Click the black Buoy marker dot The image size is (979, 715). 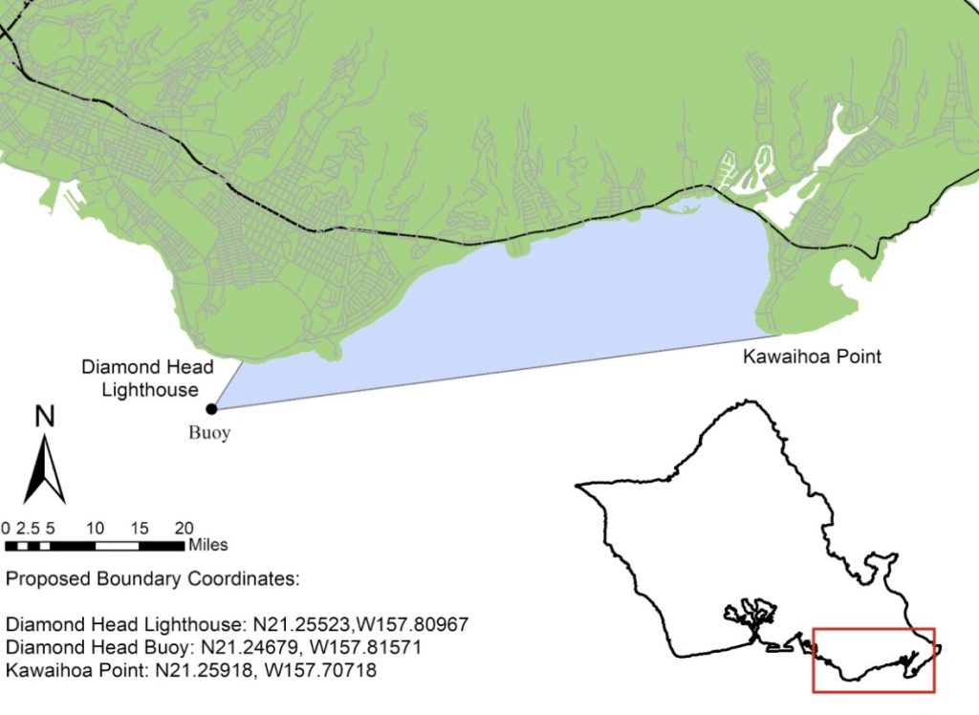click(211, 408)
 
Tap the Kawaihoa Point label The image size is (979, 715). click(812, 357)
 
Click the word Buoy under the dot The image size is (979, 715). click(208, 432)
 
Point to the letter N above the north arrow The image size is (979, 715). click(44, 417)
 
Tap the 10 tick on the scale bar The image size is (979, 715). click(95, 528)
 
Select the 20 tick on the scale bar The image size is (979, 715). click(185, 528)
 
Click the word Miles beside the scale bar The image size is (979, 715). click(208, 545)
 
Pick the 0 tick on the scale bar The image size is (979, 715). click(6, 528)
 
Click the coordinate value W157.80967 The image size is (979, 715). click(411, 624)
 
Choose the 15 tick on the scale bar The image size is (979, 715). click(140, 528)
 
